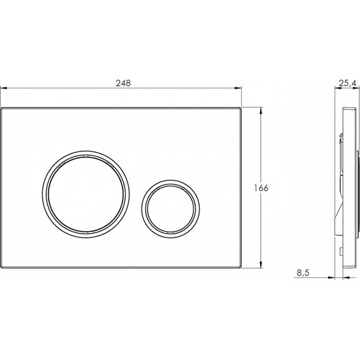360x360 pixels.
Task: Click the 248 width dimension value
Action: pyautogui.click(x=123, y=83)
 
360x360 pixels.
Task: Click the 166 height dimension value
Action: pyautogui.click(x=261, y=188)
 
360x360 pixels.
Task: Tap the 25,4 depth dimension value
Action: pyautogui.click(x=348, y=83)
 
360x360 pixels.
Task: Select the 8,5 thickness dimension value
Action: pyautogui.click(x=303, y=273)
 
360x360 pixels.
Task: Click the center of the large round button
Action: pyautogui.click(x=86, y=195)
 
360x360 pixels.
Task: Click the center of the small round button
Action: pyautogui.click(x=171, y=208)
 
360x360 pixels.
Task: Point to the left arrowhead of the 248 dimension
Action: pyautogui.click(x=3, y=88)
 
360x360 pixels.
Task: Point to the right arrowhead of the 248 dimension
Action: pyautogui.click(x=238, y=88)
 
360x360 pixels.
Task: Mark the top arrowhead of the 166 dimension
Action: pyautogui.click(x=261, y=111)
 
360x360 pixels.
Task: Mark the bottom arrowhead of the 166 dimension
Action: pyautogui.click(x=261, y=265)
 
